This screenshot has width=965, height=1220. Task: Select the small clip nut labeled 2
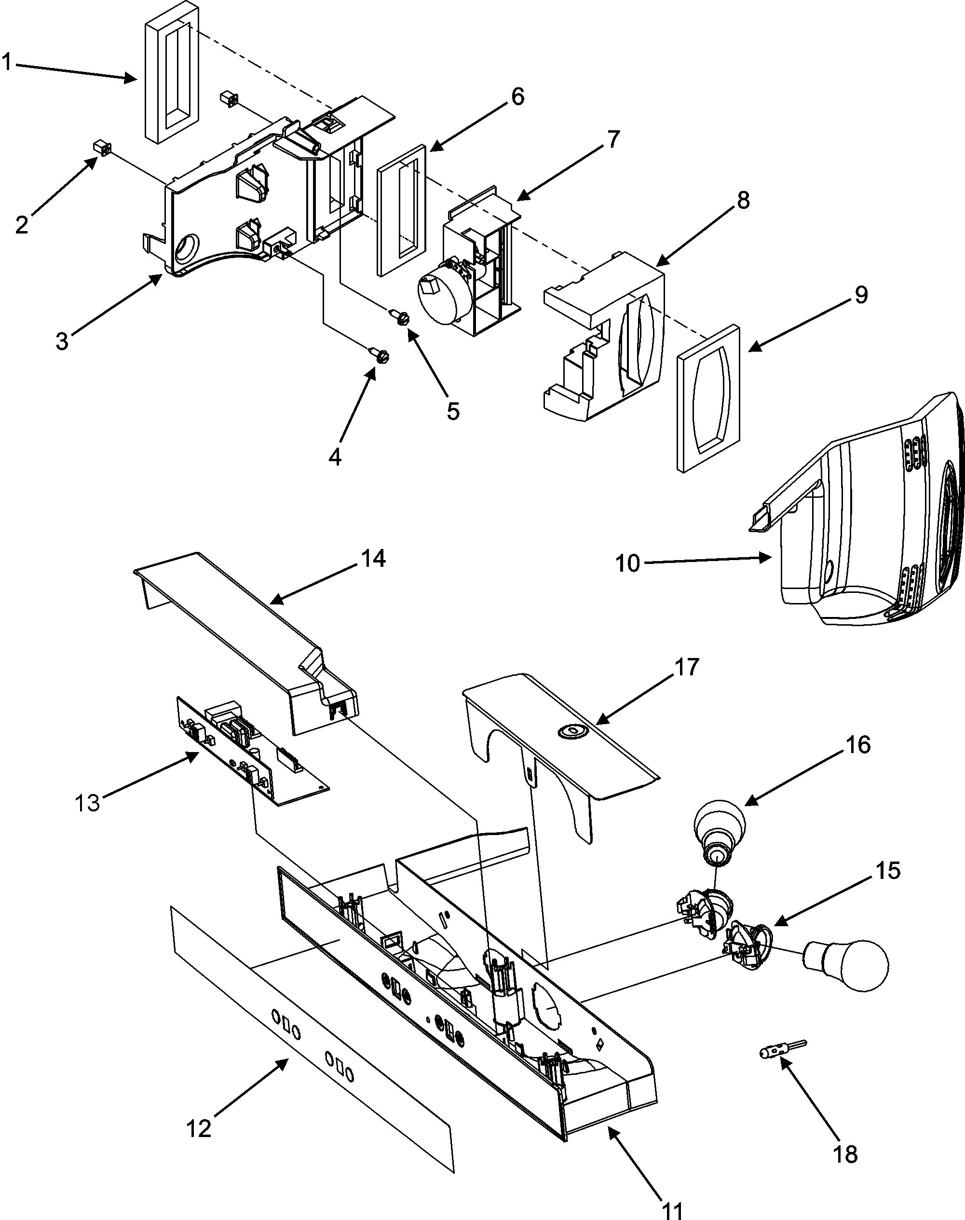(101, 150)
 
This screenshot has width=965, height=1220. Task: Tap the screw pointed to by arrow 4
(381, 356)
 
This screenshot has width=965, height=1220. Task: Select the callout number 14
(373, 558)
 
